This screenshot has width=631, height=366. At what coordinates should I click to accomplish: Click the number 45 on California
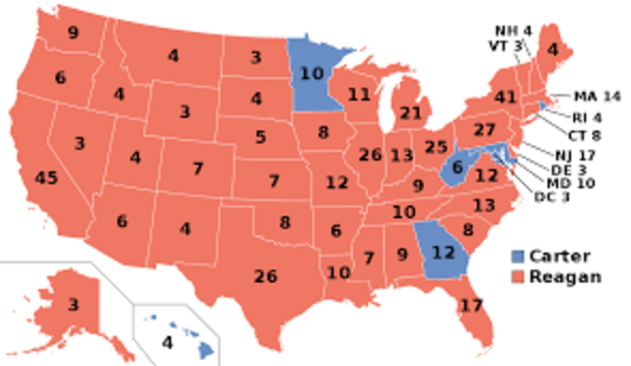pos(46,179)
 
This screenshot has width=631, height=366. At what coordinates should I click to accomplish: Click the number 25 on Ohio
pos(436,148)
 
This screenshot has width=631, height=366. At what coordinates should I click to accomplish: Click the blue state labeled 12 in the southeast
pos(443,253)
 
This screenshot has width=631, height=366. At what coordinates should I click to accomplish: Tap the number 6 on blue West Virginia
pos(457,168)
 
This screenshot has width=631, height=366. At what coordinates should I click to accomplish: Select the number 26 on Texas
pos(265,276)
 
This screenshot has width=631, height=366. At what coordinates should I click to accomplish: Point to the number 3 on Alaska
pos(73,305)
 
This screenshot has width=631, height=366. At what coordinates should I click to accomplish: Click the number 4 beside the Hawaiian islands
pos(168,344)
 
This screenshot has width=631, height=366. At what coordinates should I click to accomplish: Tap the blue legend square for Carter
pos(519,256)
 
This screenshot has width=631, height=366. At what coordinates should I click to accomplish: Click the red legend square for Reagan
pos(519,277)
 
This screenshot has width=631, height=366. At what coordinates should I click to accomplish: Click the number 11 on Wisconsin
pos(358,95)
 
